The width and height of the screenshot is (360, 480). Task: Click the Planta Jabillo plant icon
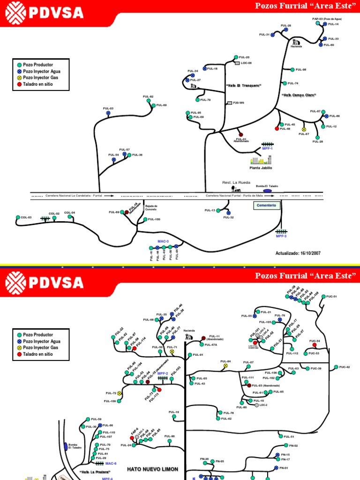coord(261,160)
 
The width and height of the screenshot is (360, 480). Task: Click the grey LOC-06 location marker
coord(237,63)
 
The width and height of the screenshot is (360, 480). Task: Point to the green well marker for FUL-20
coord(236,57)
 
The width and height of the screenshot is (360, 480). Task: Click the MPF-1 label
coord(267,149)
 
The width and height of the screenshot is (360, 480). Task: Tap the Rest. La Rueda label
coord(236,182)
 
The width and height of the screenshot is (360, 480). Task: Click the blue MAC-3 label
coord(163,241)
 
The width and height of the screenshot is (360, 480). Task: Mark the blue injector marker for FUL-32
coord(228,212)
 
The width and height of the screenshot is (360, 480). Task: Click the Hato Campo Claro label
coord(299,95)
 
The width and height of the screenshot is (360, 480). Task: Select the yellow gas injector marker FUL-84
coord(225,366)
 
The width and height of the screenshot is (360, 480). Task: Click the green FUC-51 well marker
coord(323,297)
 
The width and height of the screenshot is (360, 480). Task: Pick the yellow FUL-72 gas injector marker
coord(120,393)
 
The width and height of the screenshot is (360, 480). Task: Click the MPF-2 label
coord(163,374)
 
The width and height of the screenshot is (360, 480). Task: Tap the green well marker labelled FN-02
coord(285,445)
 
